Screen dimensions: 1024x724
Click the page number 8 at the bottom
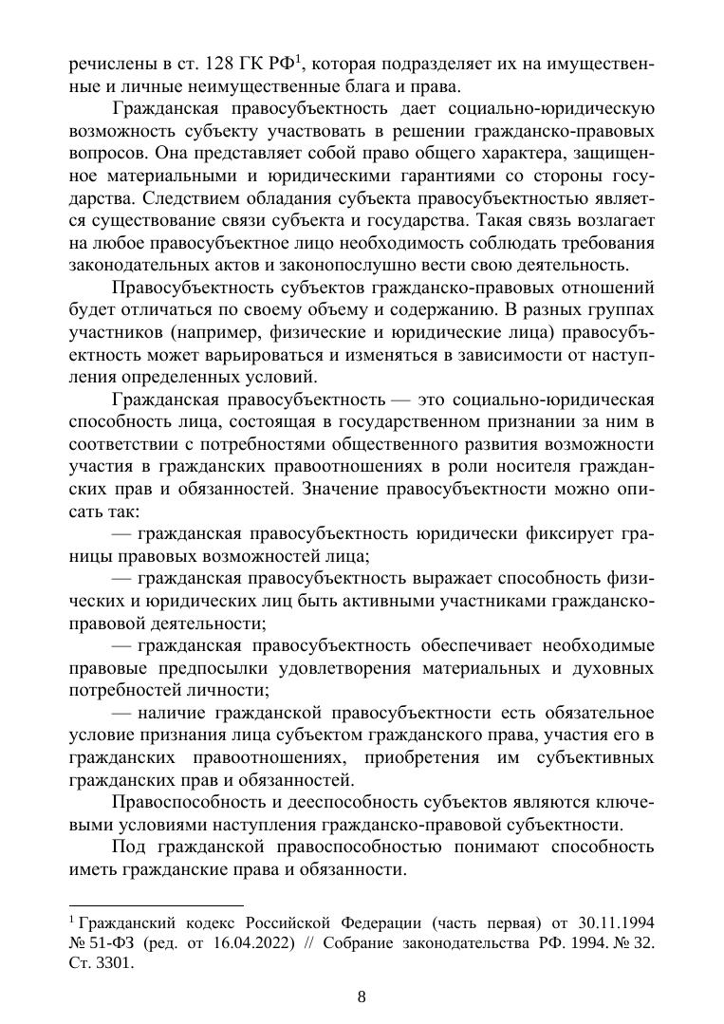362,996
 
